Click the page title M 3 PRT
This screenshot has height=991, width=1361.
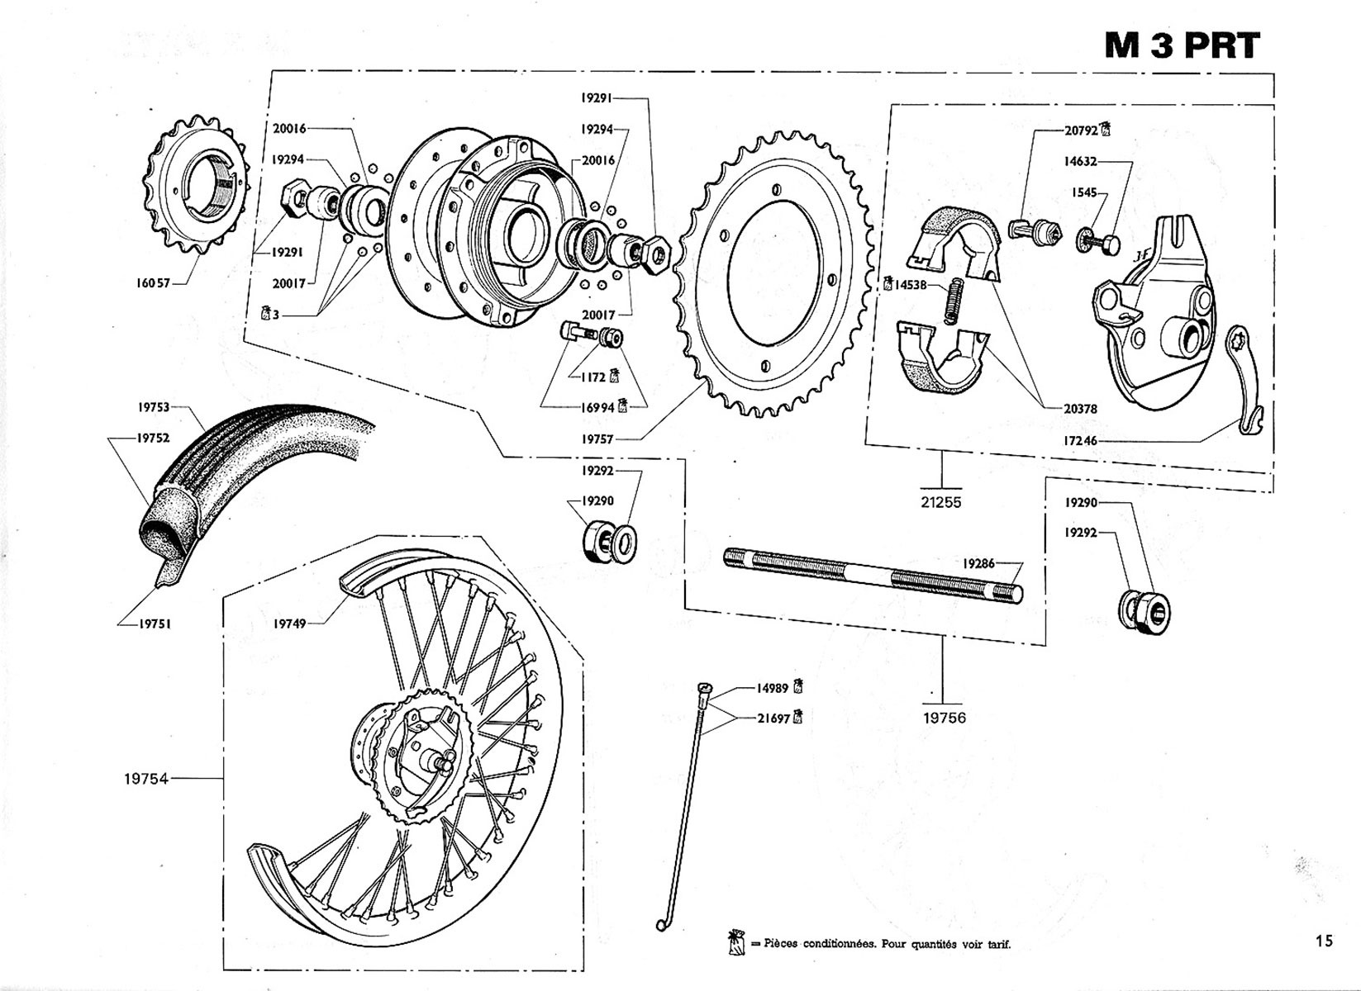(1182, 46)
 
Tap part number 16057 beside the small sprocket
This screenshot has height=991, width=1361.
(153, 282)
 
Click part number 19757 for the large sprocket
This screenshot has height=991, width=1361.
(597, 439)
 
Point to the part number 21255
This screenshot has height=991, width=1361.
(941, 502)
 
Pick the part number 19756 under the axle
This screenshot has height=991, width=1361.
(944, 718)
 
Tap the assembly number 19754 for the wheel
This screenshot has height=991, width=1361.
(146, 778)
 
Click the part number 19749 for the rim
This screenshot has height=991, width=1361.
(289, 624)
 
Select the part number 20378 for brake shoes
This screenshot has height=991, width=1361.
(1081, 409)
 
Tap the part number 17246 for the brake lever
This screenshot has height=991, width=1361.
(1081, 441)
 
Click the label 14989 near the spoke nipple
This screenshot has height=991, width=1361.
(773, 687)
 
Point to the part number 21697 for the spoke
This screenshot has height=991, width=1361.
(773, 718)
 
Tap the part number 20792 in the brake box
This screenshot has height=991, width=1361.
(1081, 130)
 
